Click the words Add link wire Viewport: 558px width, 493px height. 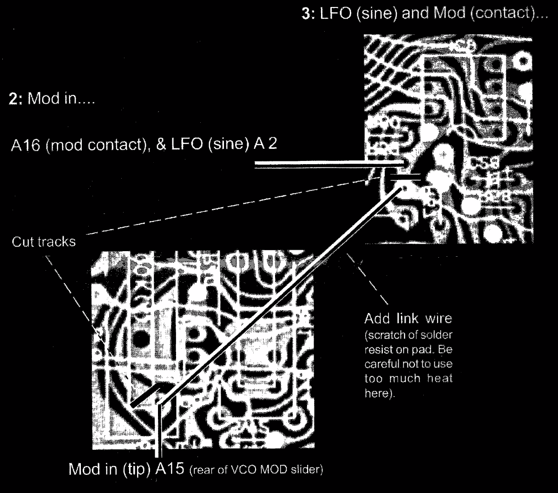point(409,321)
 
